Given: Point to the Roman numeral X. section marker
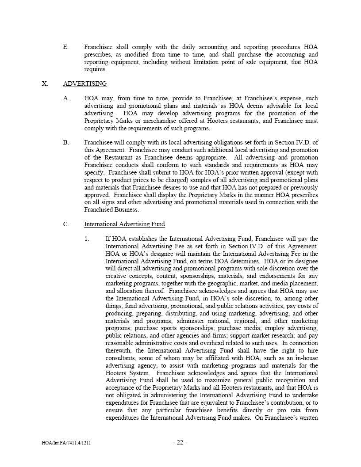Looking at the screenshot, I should (x=45, y=84).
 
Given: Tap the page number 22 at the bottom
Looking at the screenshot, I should (x=180, y=443).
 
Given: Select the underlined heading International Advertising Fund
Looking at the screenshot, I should (x=125, y=224).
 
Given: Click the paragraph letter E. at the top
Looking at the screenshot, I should (x=66, y=47).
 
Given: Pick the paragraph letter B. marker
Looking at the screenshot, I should (x=66, y=142).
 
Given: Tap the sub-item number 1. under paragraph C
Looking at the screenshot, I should (x=87, y=239).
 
